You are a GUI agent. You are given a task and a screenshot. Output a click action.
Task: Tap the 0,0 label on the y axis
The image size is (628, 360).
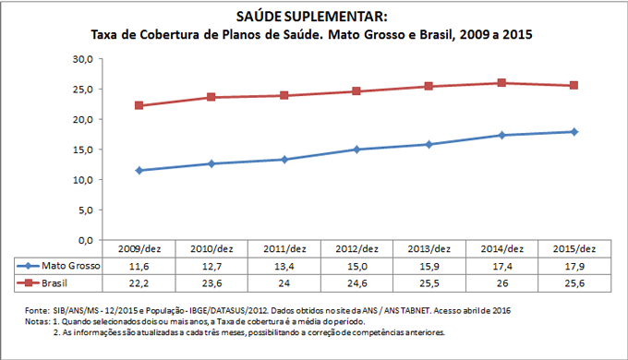[84, 240]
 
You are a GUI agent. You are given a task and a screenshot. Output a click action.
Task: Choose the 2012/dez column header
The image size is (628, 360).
[356, 249]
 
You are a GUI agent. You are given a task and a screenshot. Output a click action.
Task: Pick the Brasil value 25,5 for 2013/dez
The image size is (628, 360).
[429, 282]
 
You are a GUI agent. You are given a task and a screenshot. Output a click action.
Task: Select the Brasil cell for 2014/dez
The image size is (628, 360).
[501, 282]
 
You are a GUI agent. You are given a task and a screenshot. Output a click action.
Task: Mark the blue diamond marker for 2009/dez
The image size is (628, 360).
[139, 170]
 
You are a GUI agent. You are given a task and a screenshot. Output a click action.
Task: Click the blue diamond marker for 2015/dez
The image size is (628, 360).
[574, 132]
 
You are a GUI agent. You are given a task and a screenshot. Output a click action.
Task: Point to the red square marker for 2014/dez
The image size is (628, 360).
[501, 83]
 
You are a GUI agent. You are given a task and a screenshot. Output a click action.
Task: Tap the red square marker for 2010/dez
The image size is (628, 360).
[211, 97]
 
